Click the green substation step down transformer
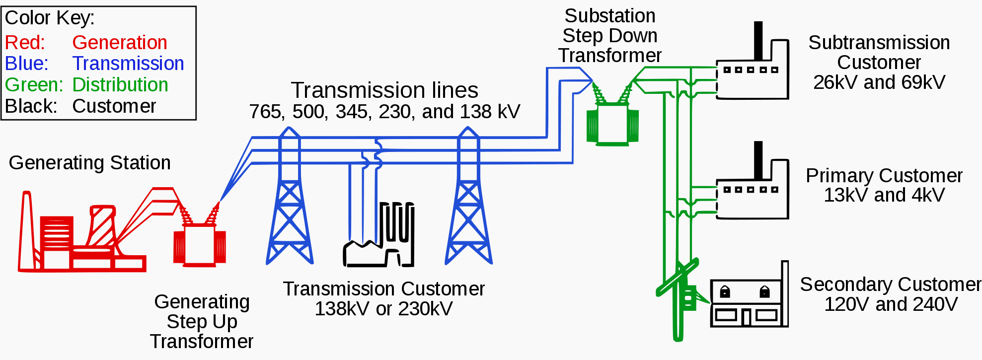pyautogui.click(x=612, y=124)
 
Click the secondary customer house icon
pyautogui.click(x=748, y=303)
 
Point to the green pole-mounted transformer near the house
pyautogui.click(x=688, y=297)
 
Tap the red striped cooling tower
pyautogui.click(x=102, y=226)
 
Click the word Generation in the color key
pyautogui.click(x=120, y=43)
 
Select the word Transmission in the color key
pyautogui.click(x=128, y=64)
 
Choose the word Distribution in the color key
pyautogui.click(x=120, y=85)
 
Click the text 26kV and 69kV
pyautogui.click(x=879, y=82)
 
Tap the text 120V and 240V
pyautogui.click(x=891, y=304)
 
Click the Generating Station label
pyautogui.click(x=90, y=163)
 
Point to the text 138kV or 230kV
pyautogui.click(x=383, y=309)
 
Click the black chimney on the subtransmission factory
pyautogui.click(x=758, y=40)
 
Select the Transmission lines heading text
pyautogui.click(x=384, y=90)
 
